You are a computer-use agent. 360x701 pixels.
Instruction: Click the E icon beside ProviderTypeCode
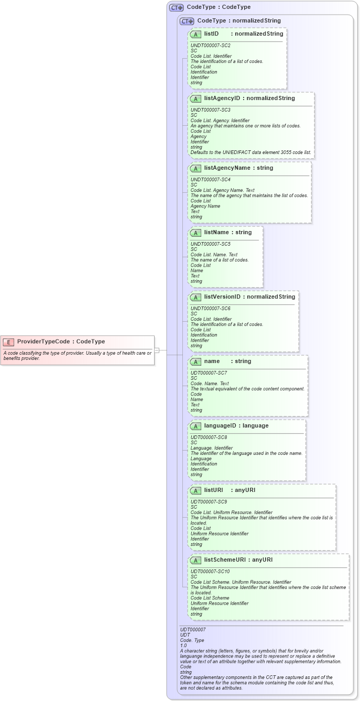(8, 342)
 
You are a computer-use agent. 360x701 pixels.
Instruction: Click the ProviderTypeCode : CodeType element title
(61, 342)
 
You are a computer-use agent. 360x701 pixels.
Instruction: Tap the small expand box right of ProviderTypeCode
(157, 350)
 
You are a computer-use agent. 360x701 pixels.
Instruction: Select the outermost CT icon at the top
(176, 7)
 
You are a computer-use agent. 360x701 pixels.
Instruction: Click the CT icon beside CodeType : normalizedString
(187, 21)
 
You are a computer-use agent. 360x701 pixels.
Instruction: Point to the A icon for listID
(195, 34)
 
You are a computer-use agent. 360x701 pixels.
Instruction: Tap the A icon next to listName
(195, 233)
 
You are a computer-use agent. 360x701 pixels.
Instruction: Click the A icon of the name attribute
(195, 362)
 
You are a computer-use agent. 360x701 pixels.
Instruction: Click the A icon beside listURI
(195, 490)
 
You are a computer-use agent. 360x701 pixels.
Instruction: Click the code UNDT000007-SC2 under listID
(210, 46)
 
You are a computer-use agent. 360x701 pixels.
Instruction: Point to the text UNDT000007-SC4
(210, 180)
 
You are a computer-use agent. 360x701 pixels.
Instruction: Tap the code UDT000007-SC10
(210, 572)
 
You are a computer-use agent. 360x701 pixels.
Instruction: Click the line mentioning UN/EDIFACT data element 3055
(250, 152)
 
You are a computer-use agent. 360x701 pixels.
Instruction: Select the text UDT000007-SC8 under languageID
(209, 437)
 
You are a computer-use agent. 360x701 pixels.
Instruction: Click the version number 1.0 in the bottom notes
(183, 645)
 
